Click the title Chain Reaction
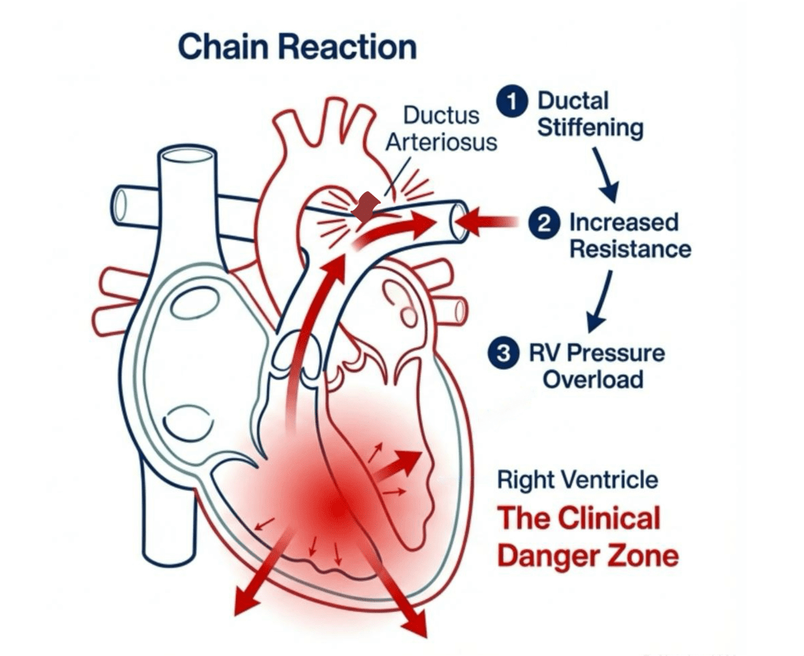297,47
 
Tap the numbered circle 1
512,102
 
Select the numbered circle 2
543,224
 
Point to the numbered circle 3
501,354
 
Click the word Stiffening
590,128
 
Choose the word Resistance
630,249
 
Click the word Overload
593,379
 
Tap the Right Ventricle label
578,480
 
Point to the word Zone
646,556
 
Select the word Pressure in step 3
621,353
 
